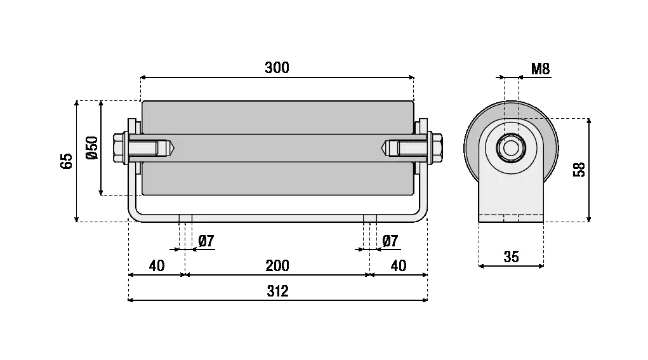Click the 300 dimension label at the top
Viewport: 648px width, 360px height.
(277, 68)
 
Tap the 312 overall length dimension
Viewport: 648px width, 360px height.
(277, 291)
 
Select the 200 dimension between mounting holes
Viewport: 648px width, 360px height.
(277, 265)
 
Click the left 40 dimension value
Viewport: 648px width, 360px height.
(157, 265)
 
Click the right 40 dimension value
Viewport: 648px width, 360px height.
(398, 265)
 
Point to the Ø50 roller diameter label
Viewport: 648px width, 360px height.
(91, 147)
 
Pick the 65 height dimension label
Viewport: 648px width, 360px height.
(67, 161)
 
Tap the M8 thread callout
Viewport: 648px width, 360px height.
(540, 69)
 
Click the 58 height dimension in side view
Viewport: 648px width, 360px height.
(579, 170)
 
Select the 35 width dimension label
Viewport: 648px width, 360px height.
(511, 257)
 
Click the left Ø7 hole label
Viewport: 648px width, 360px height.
(206, 241)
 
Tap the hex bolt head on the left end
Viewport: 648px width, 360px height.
(119, 147)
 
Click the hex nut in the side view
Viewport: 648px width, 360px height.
(510, 148)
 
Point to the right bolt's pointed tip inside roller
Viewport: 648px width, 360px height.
(385, 148)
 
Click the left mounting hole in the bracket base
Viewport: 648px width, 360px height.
(185, 218)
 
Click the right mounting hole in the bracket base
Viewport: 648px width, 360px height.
(370, 218)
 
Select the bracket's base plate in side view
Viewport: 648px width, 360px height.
(511, 218)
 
